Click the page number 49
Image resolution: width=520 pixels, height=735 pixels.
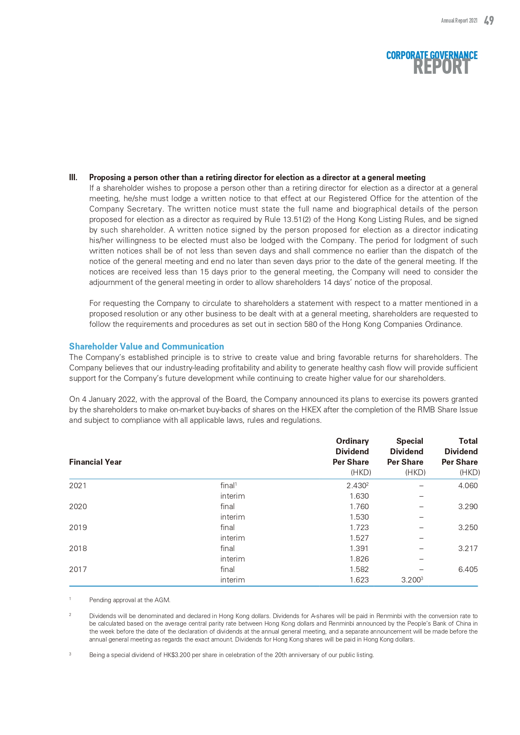489,21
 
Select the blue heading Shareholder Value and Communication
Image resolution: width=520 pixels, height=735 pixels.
146,347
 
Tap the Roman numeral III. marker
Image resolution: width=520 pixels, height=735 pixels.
73,178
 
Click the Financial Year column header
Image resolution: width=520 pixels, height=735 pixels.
95,462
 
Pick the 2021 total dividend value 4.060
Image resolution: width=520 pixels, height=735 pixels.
468,486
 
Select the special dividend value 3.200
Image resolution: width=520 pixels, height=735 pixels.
411,580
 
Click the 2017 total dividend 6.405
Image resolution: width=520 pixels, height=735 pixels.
468,569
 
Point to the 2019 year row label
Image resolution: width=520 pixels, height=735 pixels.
78,528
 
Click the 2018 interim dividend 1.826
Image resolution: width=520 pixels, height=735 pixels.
359,559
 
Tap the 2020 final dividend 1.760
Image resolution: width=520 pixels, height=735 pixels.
359,507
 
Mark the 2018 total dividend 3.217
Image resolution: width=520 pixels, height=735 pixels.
468,549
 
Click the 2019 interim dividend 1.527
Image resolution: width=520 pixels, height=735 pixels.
359,538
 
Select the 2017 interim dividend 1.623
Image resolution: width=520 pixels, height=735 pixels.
359,580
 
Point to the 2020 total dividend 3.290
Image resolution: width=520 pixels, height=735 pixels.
468,507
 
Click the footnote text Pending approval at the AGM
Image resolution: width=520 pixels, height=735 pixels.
129,600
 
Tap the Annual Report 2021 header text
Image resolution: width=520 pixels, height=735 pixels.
459,21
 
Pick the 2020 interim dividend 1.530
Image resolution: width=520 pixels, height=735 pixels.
359,517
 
